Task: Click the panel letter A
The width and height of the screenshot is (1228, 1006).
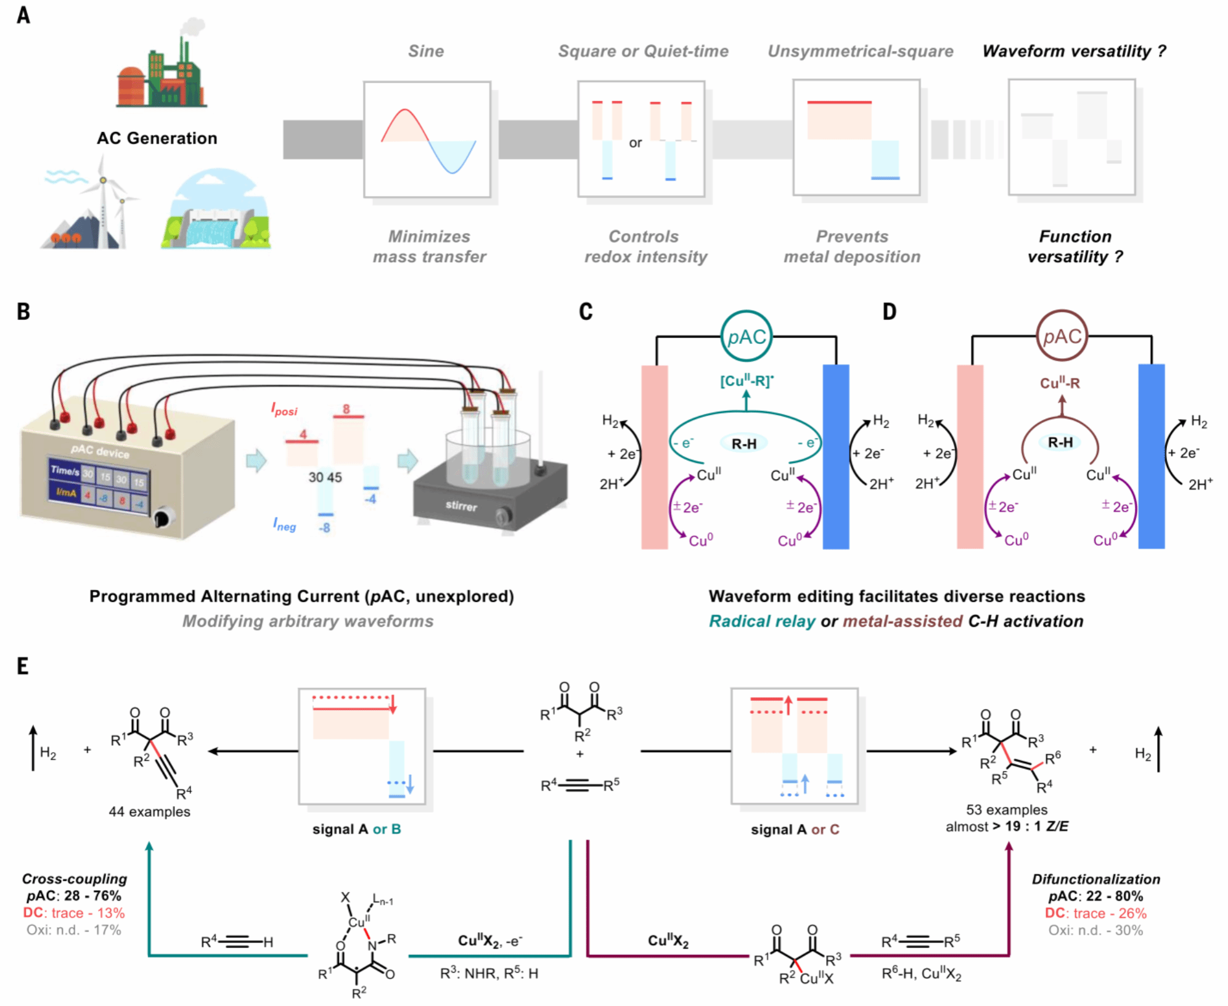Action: tap(23, 15)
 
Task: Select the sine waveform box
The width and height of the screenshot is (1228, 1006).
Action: tap(427, 139)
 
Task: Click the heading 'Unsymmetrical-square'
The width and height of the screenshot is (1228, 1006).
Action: tap(860, 51)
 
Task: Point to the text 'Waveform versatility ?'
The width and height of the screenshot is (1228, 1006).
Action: tap(1074, 51)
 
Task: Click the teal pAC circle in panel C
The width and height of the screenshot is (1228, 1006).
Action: tap(746, 337)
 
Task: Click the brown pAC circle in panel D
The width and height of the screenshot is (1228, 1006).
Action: tap(1062, 337)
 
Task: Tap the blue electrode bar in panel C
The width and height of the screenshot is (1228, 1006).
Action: tap(836, 456)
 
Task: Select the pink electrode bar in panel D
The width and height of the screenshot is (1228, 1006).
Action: tap(970, 456)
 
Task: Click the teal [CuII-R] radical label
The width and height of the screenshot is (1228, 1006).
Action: tap(747, 381)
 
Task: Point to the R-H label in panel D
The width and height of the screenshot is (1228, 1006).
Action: tap(1060, 442)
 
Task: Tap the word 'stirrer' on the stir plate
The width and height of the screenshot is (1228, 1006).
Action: tap(461, 506)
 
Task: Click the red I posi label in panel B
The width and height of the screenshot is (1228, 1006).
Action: tap(284, 409)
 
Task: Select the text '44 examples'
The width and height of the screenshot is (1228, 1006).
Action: tap(149, 812)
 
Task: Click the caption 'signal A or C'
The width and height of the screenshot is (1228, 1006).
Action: tap(795, 830)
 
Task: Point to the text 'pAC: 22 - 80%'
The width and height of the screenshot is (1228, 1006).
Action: tap(1095, 896)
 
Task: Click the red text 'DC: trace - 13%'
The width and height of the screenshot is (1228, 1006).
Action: tap(74, 913)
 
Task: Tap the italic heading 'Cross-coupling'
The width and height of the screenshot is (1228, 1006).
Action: tap(75, 878)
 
